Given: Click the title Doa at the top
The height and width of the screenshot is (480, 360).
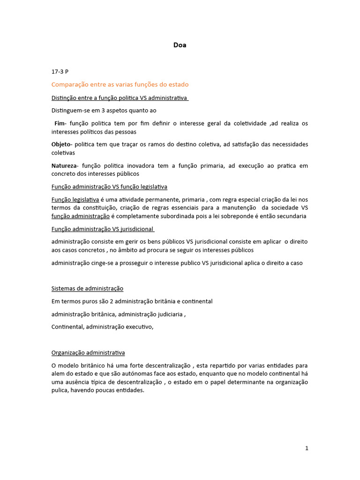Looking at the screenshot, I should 180,45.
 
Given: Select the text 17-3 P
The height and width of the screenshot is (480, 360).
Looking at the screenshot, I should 60,72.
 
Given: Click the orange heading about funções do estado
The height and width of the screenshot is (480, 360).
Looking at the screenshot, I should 120,85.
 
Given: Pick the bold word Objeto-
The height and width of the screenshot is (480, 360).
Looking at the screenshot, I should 62,144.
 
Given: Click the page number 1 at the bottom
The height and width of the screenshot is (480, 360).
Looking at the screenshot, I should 307,448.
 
